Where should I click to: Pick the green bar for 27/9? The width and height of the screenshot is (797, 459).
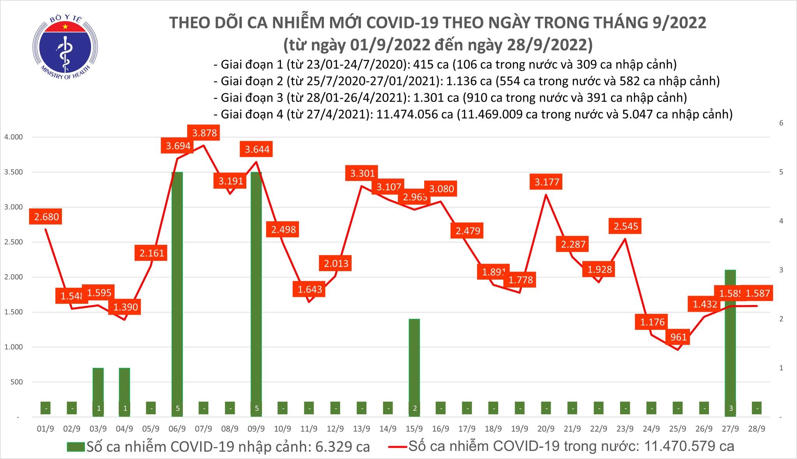point(730,342)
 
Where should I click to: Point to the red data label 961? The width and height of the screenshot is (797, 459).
point(678,337)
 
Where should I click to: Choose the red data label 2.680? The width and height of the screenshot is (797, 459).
point(46,217)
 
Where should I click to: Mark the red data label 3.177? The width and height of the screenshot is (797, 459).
point(547,182)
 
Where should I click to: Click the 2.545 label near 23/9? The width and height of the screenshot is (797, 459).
point(626,226)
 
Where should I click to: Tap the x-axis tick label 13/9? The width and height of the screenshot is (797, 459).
point(362,429)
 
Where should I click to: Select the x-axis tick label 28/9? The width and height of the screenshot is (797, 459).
point(757,429)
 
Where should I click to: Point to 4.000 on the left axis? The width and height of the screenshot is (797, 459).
point(14,137)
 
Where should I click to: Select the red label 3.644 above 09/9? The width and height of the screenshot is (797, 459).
point(257,149)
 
